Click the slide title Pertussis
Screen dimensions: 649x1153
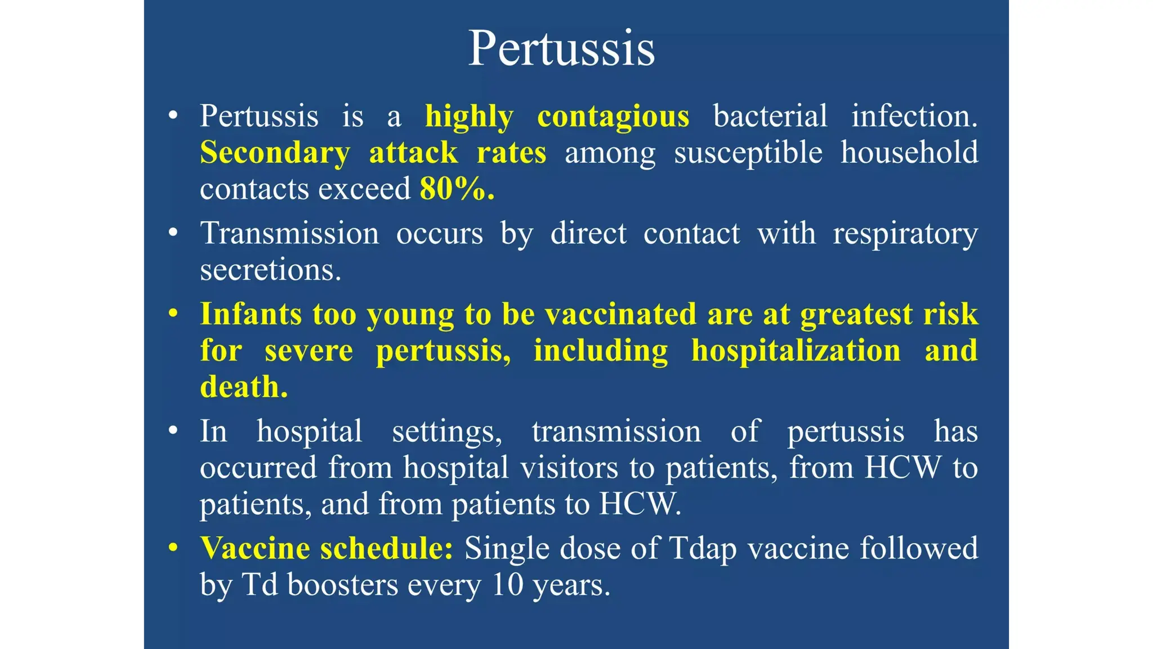pyautogui.click(x=561, y=48)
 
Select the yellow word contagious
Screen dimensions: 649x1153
pyautogui.click(x=613, y=117)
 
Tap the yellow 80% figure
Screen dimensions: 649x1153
pyautogui.click(x=457, y=189)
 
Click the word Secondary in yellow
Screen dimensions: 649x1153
pyautogui.click(x=275, y=153)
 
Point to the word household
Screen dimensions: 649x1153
pyautogui.click(x=909, y=152)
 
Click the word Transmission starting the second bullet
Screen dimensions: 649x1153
pyautogui.click(x=289, y=233)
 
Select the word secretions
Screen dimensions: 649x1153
pyautogui.click(x=270, y=270)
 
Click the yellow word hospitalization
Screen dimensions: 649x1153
pyautogui.click(x=796, y=350)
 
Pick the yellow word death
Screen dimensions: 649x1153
pyautogui.click(x=243, y=387)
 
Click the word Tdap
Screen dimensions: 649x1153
pyautogui.click(x=702, y=549)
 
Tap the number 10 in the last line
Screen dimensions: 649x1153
pyautogui.click(x=507, y=585)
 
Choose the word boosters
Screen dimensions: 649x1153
pyautogui.click(x=342, y=585)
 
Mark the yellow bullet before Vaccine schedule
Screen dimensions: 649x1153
pyautogui.click(x=173, y=548)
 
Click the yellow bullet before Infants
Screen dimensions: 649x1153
pyautogui.click(x=173, y=313)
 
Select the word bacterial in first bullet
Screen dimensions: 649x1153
pyautogui.click(x=770, y=116)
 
